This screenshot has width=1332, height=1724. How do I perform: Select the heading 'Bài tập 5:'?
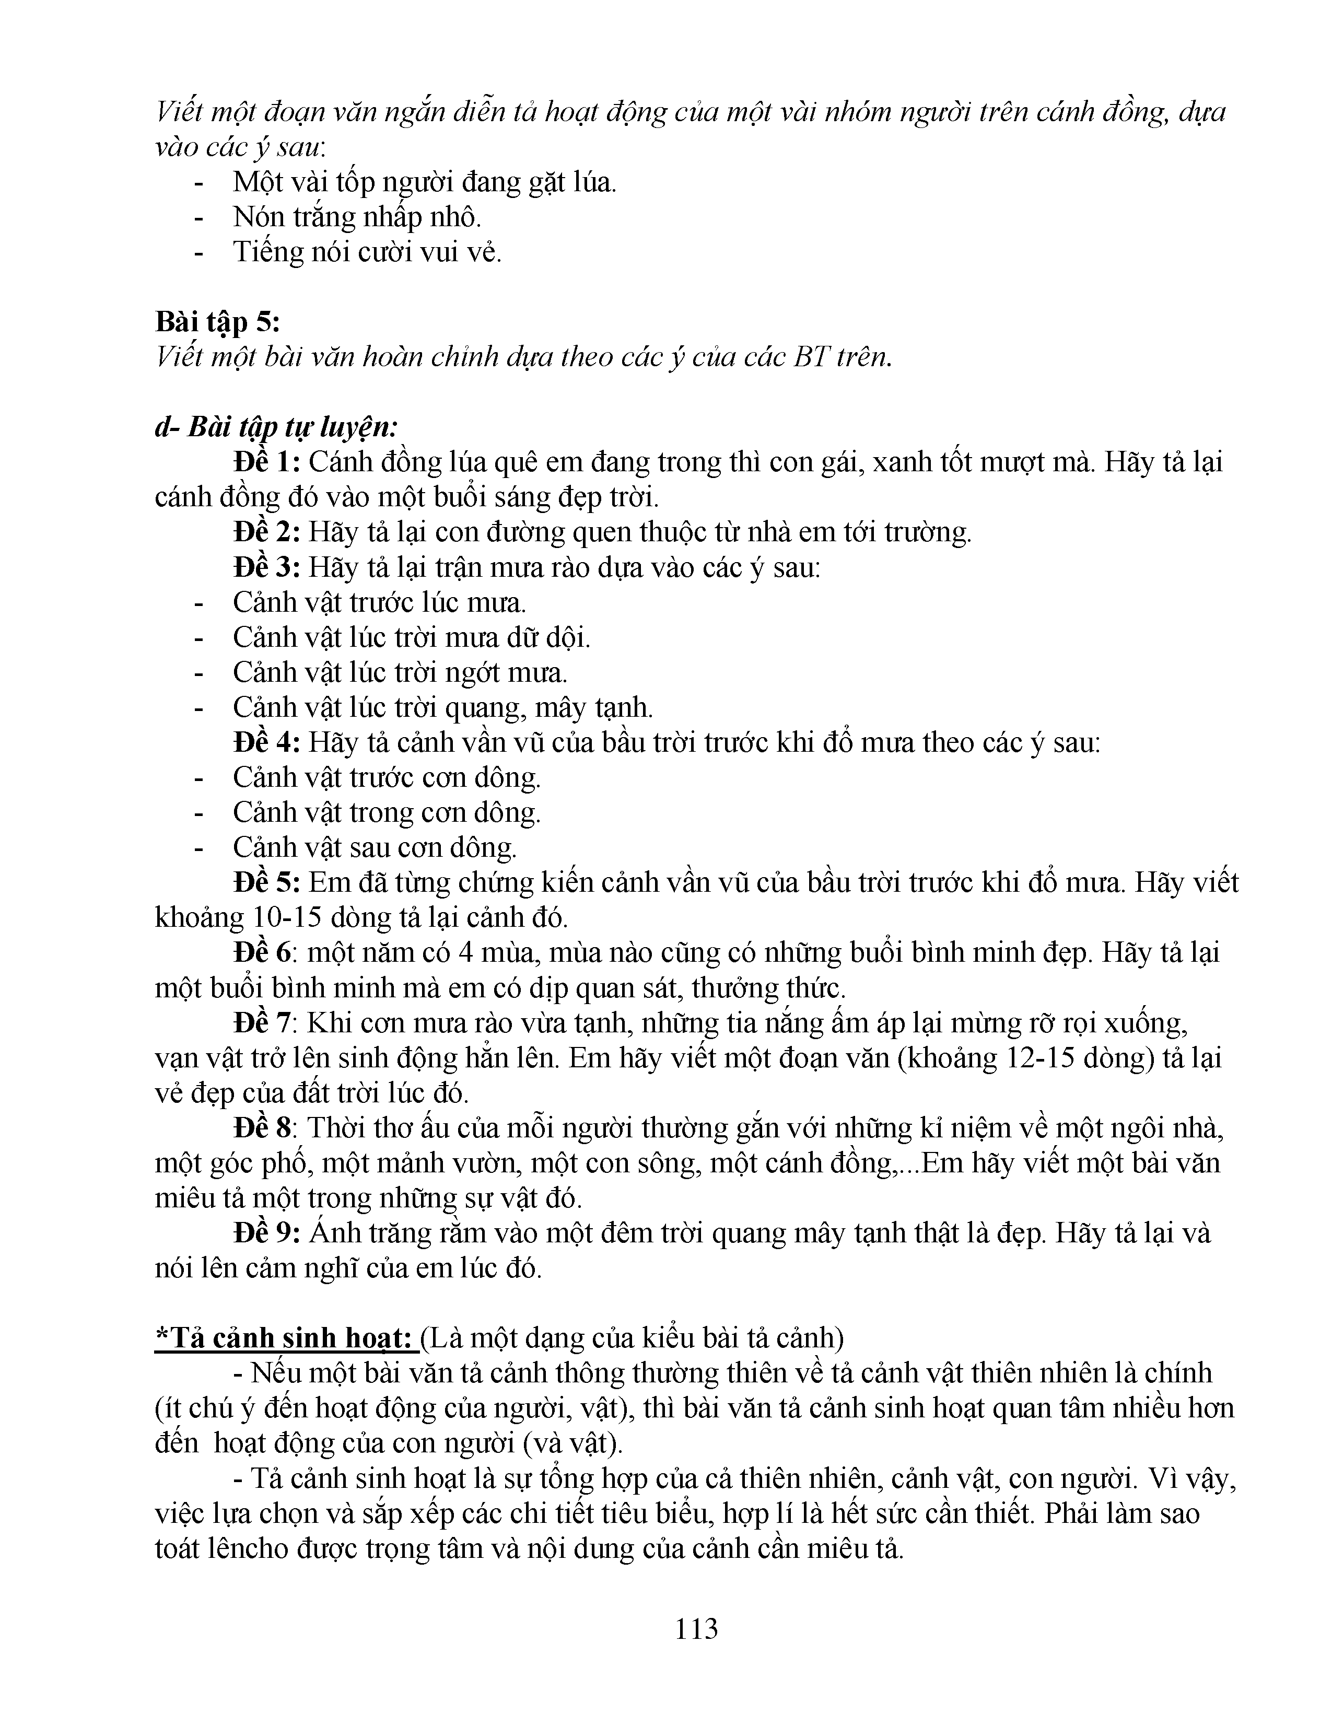coord(218,322)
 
